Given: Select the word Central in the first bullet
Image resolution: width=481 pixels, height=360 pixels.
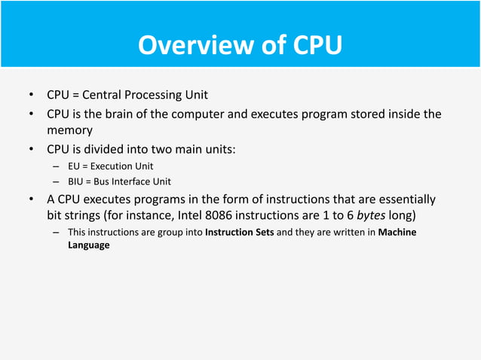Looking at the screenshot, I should (x=103, y=95).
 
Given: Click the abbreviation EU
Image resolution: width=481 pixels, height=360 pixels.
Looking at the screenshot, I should (x=74, y=166).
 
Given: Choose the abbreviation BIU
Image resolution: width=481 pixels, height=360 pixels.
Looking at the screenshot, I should (x=76, y=182).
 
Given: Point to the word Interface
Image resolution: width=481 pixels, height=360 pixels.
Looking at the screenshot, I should (x=135, y=182).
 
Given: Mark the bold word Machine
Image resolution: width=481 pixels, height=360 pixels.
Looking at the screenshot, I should (x=397, y=233).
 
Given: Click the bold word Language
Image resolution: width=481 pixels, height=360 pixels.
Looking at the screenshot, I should (x=88, y=246).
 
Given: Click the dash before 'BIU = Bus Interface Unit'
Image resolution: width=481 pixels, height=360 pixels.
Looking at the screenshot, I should (x=55, y=182).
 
